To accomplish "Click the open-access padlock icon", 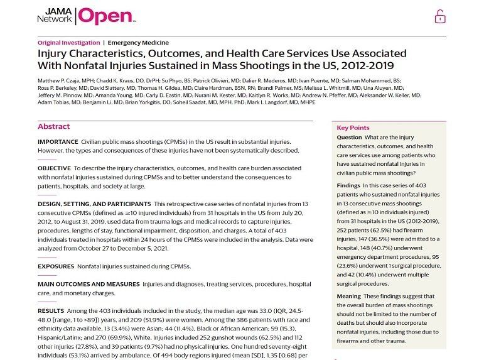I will point(440,16).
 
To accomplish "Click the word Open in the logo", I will point(105,16).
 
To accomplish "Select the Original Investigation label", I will point(68,43).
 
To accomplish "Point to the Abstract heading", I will point(54,126).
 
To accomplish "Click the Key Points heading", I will point(353,128).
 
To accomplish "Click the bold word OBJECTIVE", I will point(54,168).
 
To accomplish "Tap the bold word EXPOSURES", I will point(56,266).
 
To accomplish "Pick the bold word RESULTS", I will point(51,310).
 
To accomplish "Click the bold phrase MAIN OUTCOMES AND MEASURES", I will point(87,284).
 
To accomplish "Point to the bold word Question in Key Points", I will point(349,137).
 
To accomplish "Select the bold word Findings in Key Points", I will point(348,186).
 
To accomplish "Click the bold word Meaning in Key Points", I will point(348,297).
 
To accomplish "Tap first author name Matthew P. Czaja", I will point(59,82).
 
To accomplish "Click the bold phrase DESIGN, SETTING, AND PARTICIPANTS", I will point(94,204).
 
